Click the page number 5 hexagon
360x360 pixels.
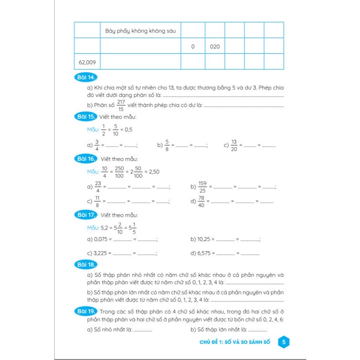click(284, 342)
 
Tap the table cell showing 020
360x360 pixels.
click(215, 46)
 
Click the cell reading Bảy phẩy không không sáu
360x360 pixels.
click(141, 31)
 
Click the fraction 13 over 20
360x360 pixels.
click(234, 145)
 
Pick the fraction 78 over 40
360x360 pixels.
click(202, 202)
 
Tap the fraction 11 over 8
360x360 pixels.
click(98, 202)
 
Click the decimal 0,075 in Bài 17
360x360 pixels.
click(100, 239)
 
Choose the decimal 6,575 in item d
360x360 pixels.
click(204, 253)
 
